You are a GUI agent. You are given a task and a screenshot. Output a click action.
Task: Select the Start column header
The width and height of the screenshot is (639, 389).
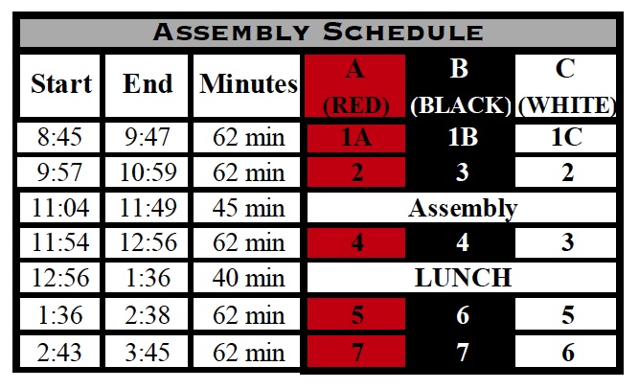click(61, 84)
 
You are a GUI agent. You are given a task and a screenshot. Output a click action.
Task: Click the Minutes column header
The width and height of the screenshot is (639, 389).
click(248, 84)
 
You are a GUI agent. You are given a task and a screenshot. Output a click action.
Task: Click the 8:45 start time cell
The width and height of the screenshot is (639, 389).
click(61, 137)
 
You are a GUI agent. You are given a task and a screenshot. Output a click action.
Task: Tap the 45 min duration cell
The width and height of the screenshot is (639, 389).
click(248, 208)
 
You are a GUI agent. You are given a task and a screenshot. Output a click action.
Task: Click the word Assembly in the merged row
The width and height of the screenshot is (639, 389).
click(463, 208)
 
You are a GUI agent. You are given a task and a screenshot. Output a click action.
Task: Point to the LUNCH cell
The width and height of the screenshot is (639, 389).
click(463, 279)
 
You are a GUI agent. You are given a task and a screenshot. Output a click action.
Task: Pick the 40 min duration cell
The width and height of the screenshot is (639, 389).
click(248, 279)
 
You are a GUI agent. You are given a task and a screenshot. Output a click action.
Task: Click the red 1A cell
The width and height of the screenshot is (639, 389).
click(357, 137)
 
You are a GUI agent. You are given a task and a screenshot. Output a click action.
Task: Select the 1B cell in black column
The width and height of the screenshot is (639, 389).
click(463, 137)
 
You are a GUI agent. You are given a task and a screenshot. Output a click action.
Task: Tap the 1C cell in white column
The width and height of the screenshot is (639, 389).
click(566, 137)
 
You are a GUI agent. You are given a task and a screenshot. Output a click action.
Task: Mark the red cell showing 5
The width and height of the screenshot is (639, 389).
click(357, 315)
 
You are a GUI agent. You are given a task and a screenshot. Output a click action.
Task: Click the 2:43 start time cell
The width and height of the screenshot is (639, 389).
click(61, 352)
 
